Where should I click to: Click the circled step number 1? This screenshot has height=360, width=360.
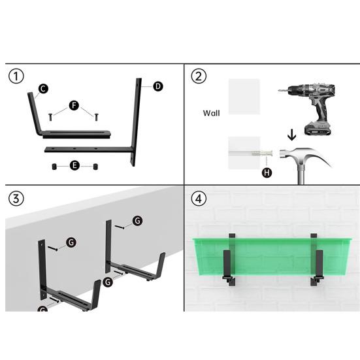(x=17, y=76)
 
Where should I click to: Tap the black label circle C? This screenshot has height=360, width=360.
(x=42, y=88)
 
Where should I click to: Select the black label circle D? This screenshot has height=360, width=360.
(x=157, y=86)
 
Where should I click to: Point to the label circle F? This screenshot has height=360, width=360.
(x=73, y=105)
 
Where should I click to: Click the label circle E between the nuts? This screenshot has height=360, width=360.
(x=74, y=167)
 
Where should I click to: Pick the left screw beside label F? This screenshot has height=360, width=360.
(x=50, y=117)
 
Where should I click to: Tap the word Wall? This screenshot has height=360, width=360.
(x=211, y=113)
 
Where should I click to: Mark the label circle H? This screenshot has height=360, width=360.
(x=266, y=172)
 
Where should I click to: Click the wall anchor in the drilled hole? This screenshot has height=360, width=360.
(x=258, y=154)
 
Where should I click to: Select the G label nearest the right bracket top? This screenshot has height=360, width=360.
(x=137, y=221)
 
